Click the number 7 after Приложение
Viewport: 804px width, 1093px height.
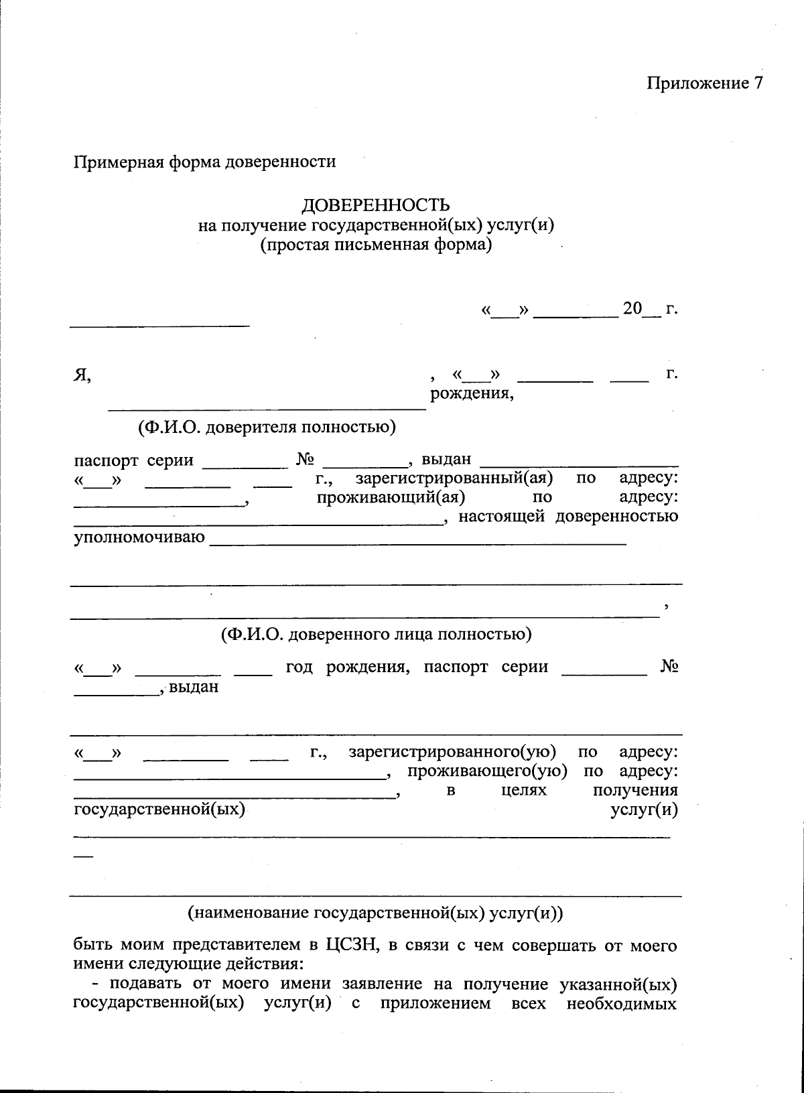[758, 83]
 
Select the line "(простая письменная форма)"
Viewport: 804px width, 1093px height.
[376, 245]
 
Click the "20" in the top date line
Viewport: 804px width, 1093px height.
[632, 309]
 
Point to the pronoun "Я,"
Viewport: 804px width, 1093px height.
[82, 375]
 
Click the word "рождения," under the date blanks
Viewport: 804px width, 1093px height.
[472, 393]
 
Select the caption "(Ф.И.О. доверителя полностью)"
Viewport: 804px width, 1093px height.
[267, 428]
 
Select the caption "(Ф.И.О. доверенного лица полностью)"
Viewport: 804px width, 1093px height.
[376, 634]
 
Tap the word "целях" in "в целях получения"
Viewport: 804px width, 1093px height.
[524, 790]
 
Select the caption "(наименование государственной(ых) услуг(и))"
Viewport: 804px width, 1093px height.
[376, 913]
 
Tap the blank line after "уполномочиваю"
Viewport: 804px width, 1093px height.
[418, 544]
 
